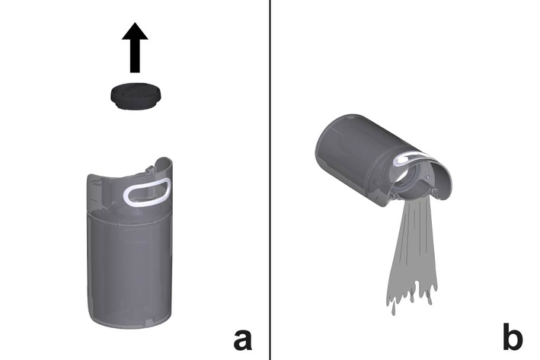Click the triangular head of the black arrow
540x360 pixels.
[x=135, y=31]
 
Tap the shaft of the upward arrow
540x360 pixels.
[x=135, y=56]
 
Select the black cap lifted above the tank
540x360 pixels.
[x=136, y=96]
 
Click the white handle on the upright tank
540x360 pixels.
[x=147, y=191]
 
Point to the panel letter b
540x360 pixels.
[x=513, y=336]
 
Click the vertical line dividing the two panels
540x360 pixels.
[x=270, y=180]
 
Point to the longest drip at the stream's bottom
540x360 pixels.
[x=394, y=309]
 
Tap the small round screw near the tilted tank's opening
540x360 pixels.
[x=428, y=177]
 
